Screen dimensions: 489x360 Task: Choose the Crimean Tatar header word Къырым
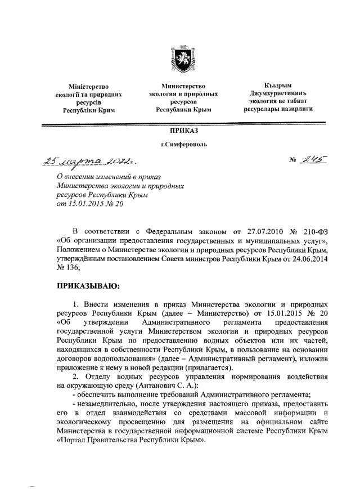tap(278, 85)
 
